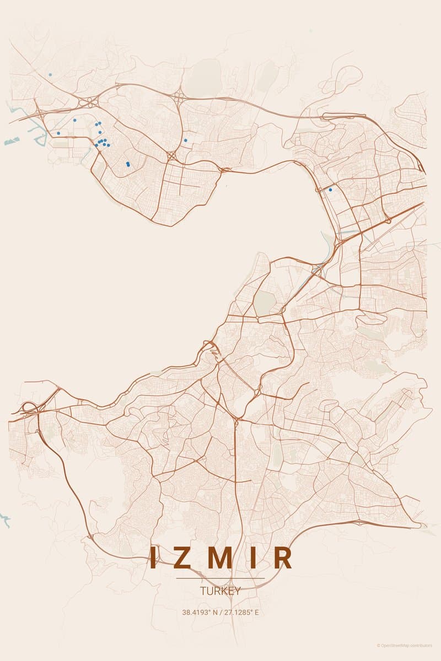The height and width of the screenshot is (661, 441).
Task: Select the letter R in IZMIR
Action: coord(283,557)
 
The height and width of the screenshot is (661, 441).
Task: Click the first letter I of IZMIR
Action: coord(155,557)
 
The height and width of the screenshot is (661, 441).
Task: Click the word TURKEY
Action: coord(220,592)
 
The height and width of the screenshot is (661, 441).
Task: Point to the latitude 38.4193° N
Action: coord(201,612)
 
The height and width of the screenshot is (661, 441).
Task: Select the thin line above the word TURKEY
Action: coord(220,578)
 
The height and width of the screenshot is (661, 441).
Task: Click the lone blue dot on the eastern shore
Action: coord(330,189)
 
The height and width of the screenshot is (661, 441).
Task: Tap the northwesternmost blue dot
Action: coord(50,74)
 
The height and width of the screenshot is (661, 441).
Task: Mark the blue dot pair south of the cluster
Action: coord(128,164)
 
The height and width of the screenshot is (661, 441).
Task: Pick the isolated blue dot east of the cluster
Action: coord(185,140)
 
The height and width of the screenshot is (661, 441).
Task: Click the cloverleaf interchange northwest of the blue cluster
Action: coord(88,102)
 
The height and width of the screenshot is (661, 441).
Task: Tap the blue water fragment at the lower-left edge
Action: coord(5,518)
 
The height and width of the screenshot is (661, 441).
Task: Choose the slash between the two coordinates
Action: coord(222,612)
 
